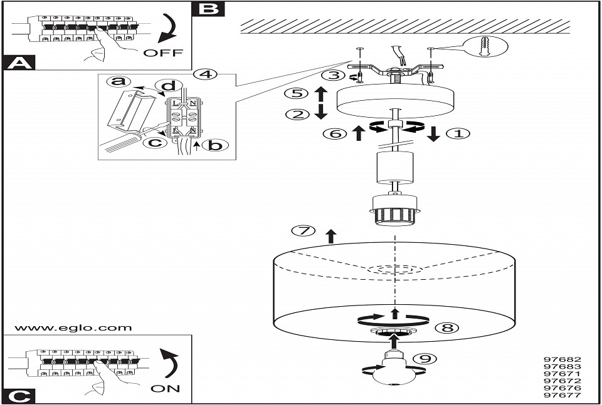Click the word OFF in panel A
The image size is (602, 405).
pyautogui.click(x=164, y=53)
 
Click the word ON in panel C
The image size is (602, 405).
pyautogui.click(x=165, y=389)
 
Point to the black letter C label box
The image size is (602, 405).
pyautogui.click(x=19, y=396)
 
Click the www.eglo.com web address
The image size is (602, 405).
pyautogui.click(x=73, y=327)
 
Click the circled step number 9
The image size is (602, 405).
pyautogui.click(x=425, y=359)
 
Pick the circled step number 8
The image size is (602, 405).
pyautogui.click(x=445, y=327)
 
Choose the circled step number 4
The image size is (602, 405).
pyautogui.click(x=205, y=74)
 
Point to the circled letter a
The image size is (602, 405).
pyautogui.click(x=118, y=82)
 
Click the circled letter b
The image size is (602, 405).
pyautogui.click(x=215, y=145)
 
